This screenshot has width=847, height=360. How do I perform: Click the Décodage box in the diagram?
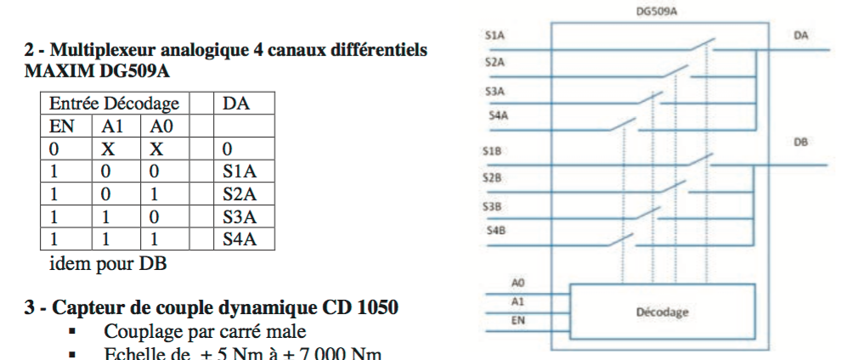(662, 312)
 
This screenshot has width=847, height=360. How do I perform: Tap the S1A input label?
(494, 37)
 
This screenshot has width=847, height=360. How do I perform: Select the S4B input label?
(494, 230)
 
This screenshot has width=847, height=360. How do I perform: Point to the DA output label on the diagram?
(800, 36)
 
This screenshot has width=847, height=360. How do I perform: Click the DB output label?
(800, 143)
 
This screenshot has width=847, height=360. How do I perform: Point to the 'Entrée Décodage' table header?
(114, 104)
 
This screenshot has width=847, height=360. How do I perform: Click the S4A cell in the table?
(239, 239)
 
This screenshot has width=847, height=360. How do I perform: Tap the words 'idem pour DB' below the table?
(108, 263)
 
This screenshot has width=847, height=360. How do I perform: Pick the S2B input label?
(494, 178)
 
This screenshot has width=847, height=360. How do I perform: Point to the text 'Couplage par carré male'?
(205, 331)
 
